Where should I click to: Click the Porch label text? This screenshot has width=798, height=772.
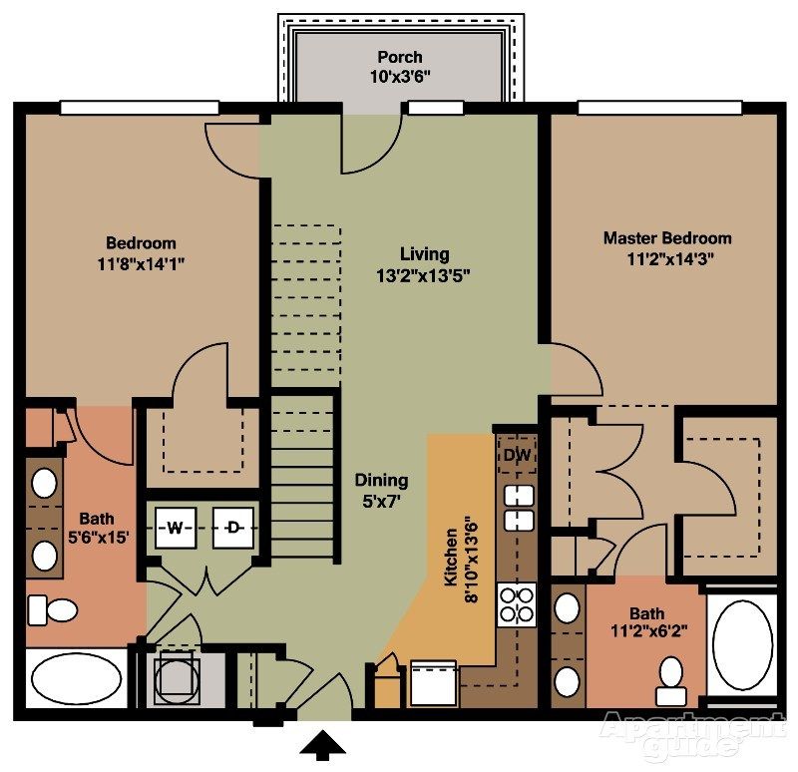(x=399, y=57)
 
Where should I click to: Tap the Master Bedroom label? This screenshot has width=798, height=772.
(x=666, y=238)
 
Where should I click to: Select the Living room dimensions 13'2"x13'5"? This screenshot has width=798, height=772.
(x=425, y=276)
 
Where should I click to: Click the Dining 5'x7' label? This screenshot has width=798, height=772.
(x=382, y=491)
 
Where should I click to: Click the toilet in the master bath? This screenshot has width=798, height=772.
(x=670, y=676)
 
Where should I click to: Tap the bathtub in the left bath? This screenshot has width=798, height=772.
(x=75, y=680)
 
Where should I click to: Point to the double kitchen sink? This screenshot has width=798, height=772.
(x=518, y=507)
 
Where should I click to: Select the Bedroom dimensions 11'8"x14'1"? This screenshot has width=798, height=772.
(x=141, y=264)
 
